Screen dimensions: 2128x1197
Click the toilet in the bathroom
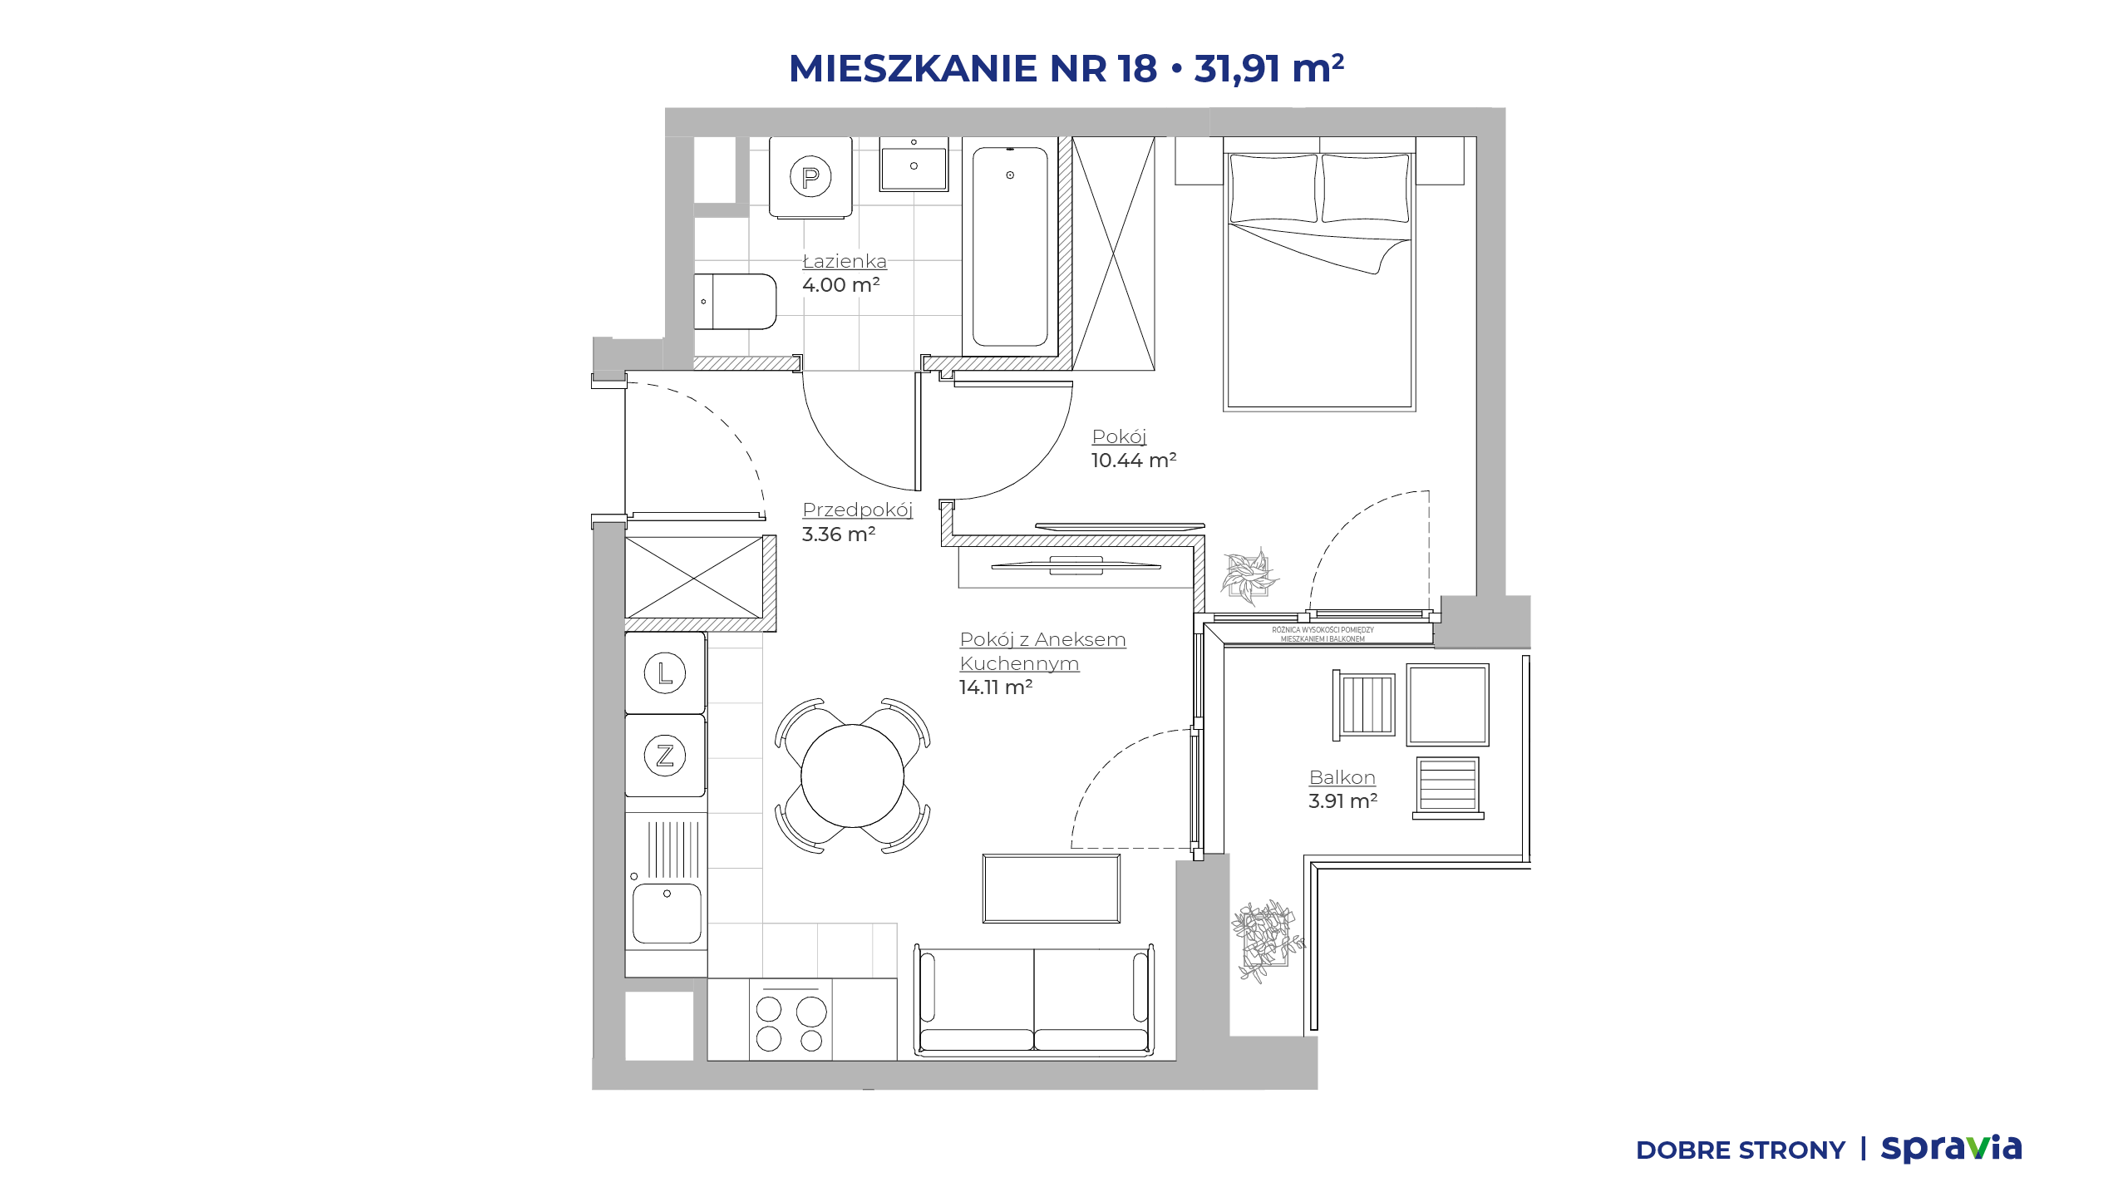click(735, 302)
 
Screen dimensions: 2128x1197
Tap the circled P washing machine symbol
click(810, 176)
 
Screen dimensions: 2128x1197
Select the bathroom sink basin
click(914, 168)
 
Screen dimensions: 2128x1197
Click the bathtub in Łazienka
click(1010, 246)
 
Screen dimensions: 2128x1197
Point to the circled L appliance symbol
click(665, 672)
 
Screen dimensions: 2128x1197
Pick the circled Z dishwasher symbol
click(665, 756)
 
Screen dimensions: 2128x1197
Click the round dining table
click(852, 776)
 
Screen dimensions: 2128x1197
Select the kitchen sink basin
click(667, 913)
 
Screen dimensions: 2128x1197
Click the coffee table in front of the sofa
click(1052, 889)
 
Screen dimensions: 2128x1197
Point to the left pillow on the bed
click(1273, 189)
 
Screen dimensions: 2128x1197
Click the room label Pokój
click(1119, 436)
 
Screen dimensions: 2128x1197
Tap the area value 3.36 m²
click(839, 534)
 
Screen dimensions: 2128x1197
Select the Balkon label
click(1342, 777)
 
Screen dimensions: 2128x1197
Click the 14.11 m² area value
click(996, 687)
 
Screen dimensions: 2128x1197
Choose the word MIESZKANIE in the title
click(913, 68)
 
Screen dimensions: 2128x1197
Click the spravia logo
click(1951, 1148)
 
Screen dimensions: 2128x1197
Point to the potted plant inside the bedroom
click(1249, 575)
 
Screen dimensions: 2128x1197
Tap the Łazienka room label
click(845, 260)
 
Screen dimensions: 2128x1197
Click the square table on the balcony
click(1447, 705)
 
